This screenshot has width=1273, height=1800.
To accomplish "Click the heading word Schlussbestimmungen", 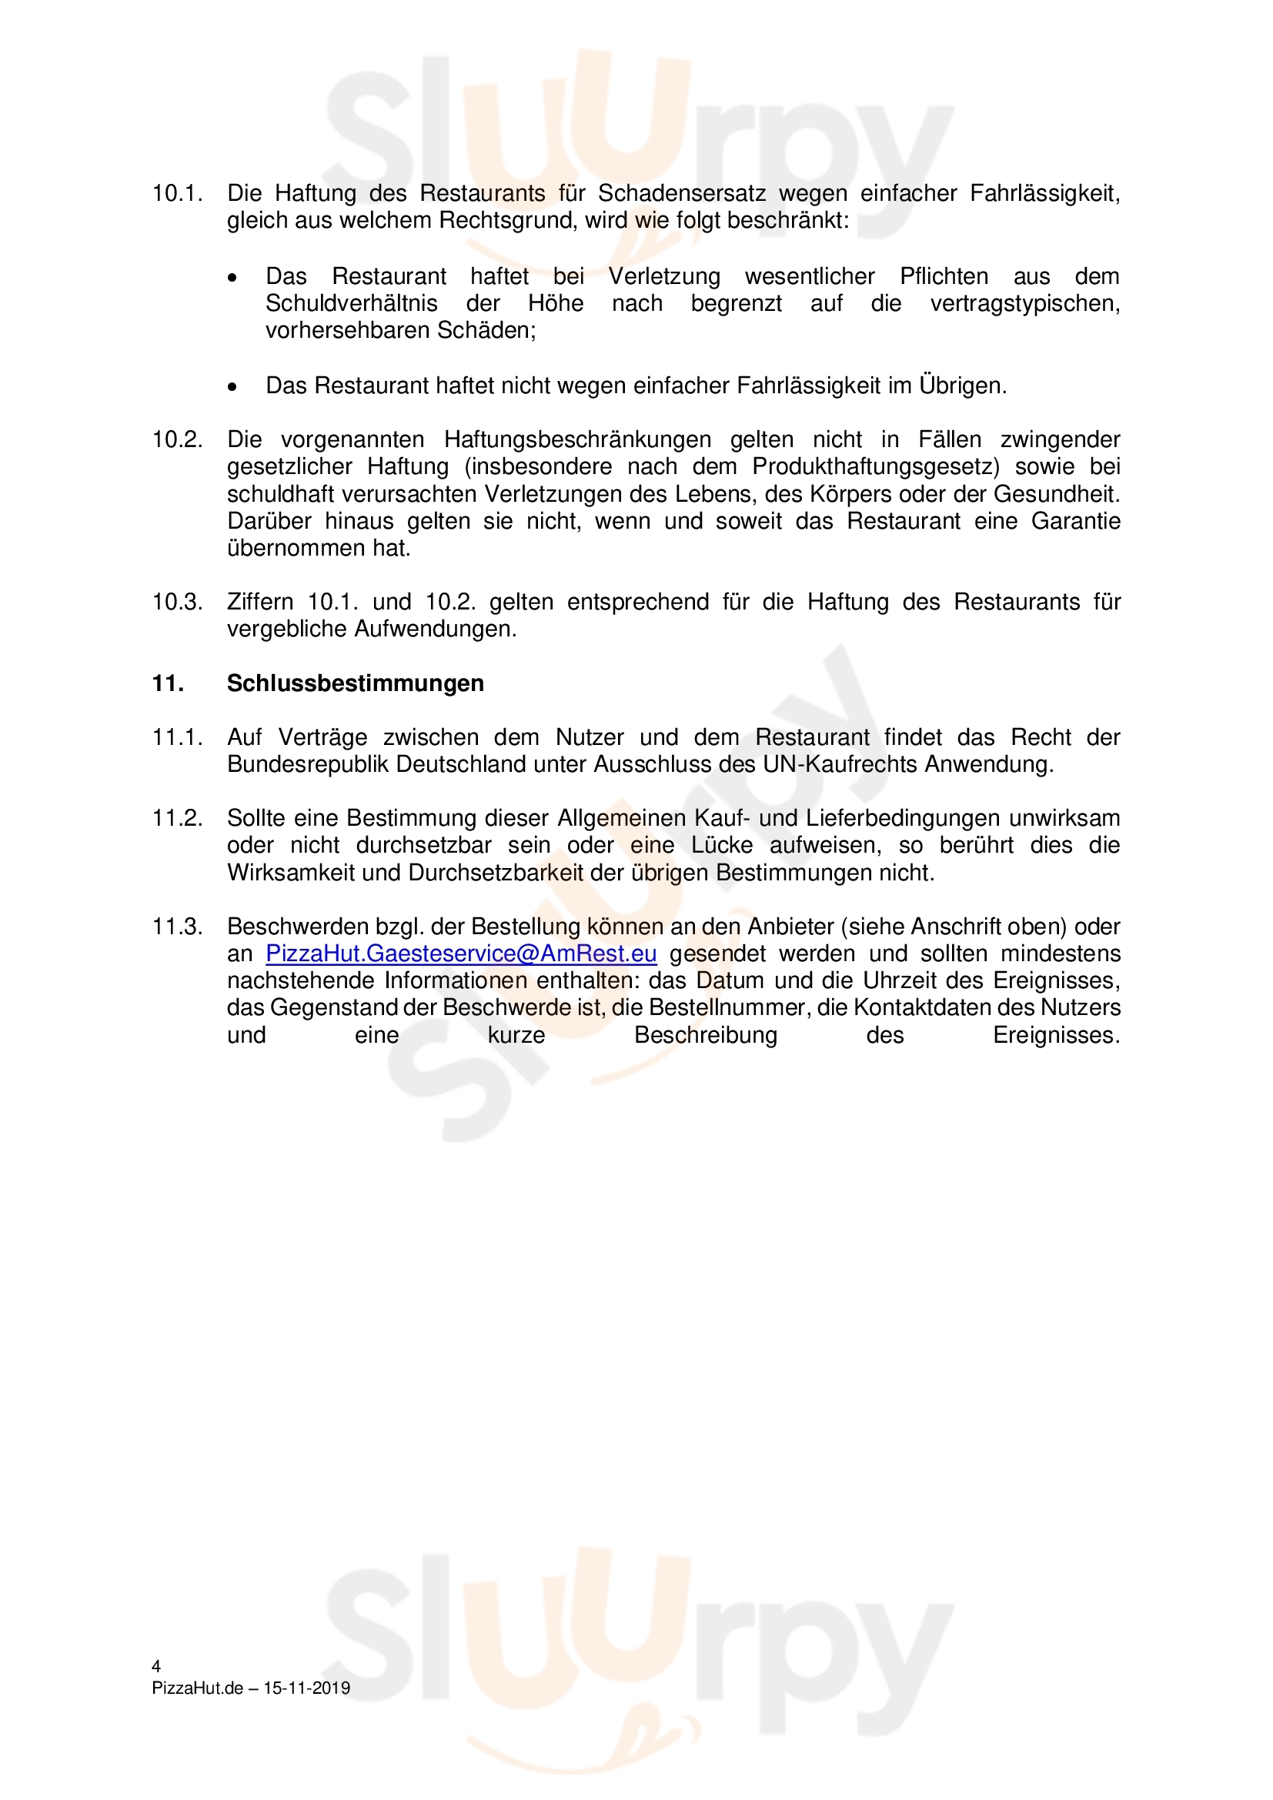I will (355, 683).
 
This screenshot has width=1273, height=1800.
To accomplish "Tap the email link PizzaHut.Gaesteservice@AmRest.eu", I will (461, 954).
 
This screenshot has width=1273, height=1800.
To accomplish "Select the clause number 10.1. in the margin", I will (177, 194).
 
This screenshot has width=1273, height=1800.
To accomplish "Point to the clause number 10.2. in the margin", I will (177, 440).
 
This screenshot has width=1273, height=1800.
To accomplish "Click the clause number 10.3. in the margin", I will (177, 602).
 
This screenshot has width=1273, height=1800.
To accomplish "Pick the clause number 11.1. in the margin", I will (177, 738).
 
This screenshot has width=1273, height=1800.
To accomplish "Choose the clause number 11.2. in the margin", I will (177, 819).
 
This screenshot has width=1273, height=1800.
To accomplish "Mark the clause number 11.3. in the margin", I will (177, 927).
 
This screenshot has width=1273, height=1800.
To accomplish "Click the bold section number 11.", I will (168, 683).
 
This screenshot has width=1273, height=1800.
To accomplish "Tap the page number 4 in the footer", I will (156, 1666).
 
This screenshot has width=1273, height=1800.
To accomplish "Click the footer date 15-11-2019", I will (306, 1688).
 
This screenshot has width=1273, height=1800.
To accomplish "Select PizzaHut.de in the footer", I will (198, 1688).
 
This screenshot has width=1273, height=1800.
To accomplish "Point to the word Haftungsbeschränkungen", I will (578, 440).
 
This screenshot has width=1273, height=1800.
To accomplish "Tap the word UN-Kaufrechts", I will (839, 764).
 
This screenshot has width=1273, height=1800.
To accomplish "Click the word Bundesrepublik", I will (307, 764).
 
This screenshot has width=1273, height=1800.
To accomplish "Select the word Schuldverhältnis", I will (351, 303).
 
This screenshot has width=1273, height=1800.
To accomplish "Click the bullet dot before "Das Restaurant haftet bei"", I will (232, 278).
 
